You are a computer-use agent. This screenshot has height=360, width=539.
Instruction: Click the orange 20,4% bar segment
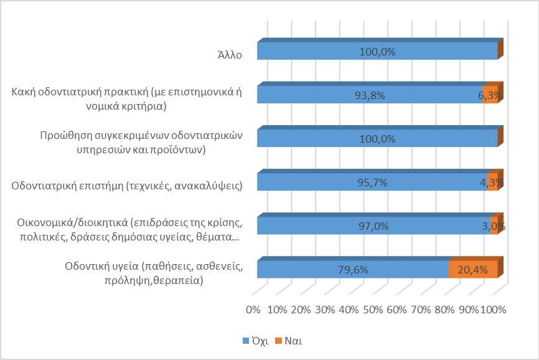click(x=473, y=270)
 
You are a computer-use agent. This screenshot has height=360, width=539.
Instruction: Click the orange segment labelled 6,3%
click(x=490, y=95)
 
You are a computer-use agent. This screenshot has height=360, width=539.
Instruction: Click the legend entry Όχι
click(x=258, y=341)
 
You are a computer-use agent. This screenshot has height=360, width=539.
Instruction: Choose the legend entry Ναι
click(x=292, y=341)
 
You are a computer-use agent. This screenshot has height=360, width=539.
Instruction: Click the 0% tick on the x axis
click(x=253, y=310)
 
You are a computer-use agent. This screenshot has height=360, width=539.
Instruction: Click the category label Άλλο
click(x=226, y=54)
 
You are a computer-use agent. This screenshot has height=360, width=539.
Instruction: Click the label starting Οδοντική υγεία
click(x=153, y=273)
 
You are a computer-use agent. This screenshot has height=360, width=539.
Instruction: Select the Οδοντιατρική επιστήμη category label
click(x=127, y=185)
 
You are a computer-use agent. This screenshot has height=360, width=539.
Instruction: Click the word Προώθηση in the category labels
click(x=65, y=135)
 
